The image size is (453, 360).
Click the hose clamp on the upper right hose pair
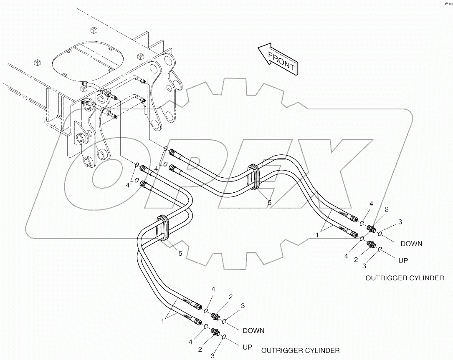pos(253,177)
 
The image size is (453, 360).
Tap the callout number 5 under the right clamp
pos(269,202)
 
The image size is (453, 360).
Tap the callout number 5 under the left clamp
pos(180,253)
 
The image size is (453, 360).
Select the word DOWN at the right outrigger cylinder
pos(411,244)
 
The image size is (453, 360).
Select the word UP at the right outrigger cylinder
pos(403,260)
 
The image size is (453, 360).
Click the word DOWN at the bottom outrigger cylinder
pos(253,330)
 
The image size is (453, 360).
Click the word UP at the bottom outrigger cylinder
pos(248,347)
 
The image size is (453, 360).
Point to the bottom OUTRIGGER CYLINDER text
pos(300,350)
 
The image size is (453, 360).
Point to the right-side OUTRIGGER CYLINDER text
pos(405,278)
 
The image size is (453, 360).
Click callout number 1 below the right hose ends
pos(317,235)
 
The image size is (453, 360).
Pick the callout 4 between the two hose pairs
pos(155,169)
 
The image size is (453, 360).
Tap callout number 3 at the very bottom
pos(213,356)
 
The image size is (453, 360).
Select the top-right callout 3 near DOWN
pos(400,222)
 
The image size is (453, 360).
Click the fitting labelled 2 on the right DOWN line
pos(371,229)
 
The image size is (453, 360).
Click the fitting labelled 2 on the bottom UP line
pos(216,332)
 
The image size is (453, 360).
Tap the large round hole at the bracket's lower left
pos(88,161)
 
